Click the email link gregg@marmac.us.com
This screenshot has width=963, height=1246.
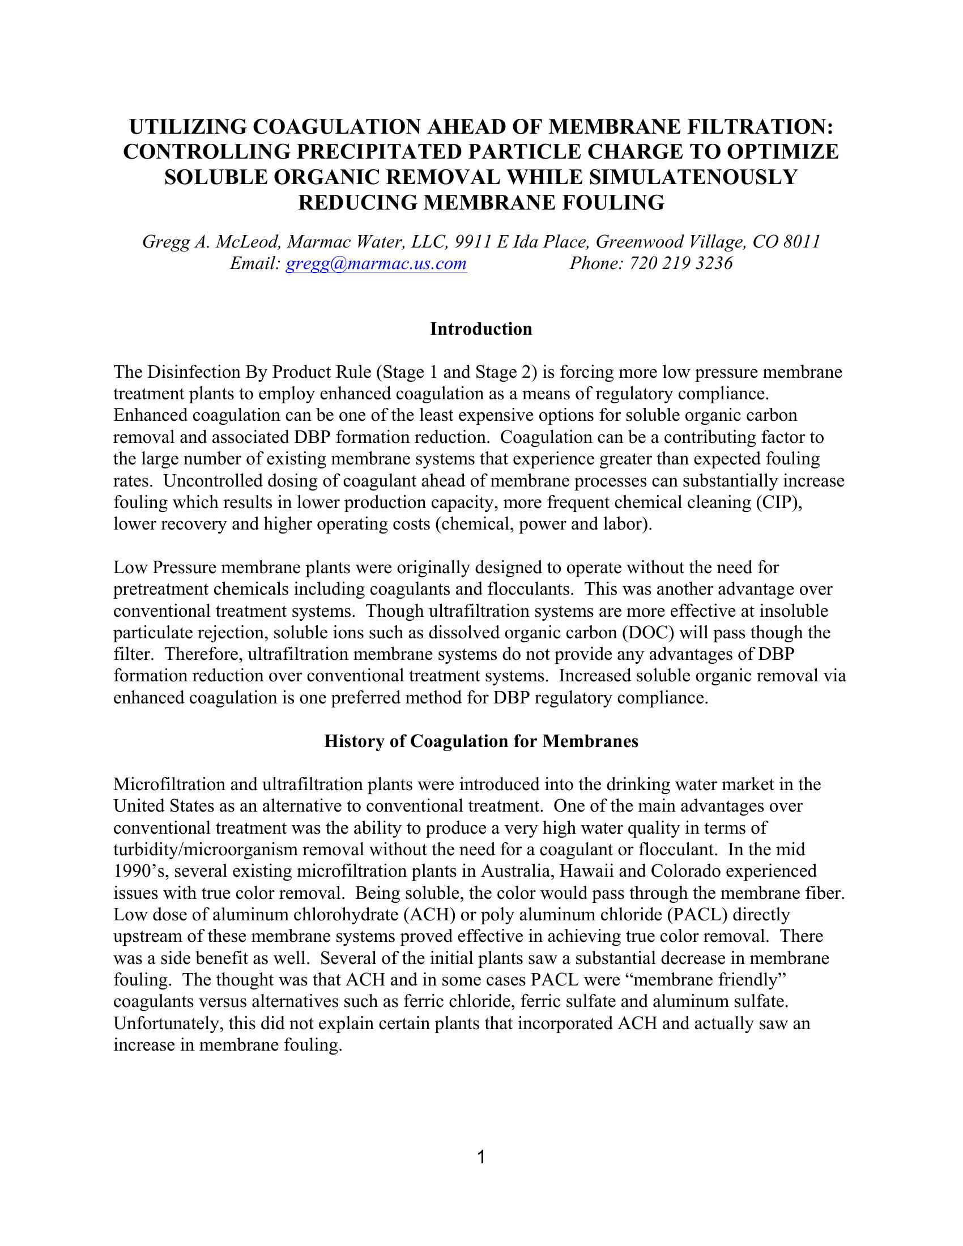[376, 263]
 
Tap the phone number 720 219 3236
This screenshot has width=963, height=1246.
[680, 263]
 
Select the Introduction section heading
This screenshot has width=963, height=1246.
[481, 329]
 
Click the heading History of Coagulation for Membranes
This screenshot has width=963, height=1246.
[481, 741]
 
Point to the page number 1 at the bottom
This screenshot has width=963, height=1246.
[481, 1157]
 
